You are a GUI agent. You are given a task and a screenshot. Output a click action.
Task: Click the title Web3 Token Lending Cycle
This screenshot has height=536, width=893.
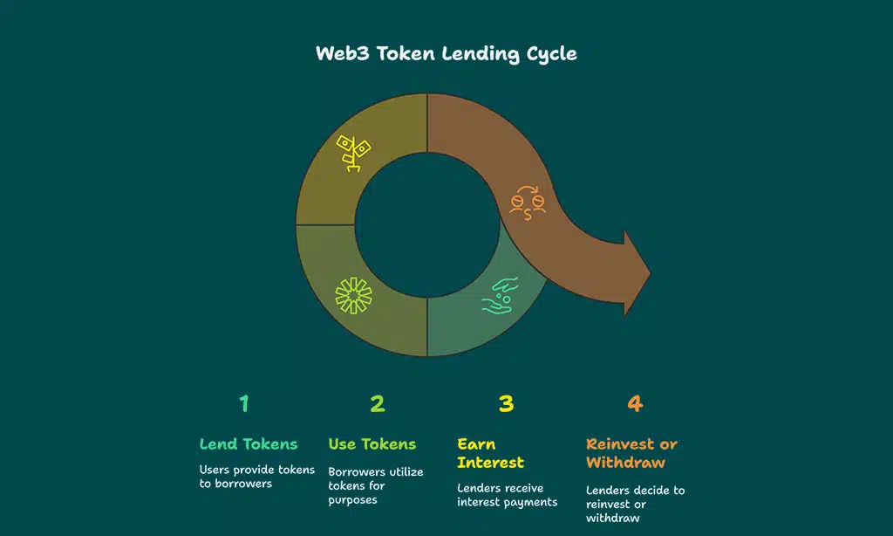click(x=446, y=53)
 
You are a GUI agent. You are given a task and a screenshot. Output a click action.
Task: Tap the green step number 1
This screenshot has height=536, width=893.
click(x=244, y=403)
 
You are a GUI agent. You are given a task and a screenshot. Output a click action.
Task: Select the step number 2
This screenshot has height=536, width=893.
click(x=377, y=403)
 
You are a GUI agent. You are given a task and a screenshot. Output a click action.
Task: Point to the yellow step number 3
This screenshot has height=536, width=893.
click(x=506, y=403)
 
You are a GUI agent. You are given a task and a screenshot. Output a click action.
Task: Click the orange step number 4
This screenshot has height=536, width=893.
click(x=635, y=403)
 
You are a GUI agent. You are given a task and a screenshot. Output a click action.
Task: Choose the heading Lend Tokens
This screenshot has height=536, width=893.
click(x=249, y=444)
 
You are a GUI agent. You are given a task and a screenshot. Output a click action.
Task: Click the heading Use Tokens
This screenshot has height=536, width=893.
click(x=372, y=444)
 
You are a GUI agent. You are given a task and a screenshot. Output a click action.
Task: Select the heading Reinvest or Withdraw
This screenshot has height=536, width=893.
click(x=631, y=453)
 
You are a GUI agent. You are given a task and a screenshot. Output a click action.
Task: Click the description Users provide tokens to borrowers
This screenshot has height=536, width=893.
click(x=256, y=477)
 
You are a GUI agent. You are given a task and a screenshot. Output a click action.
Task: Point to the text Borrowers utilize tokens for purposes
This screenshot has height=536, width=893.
click(x=375, y=486)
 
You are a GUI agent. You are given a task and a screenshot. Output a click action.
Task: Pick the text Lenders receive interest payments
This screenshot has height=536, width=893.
click(x=508, y=495)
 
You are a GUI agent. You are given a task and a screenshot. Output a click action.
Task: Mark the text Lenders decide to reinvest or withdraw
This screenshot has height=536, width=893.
click(x=635, y=504)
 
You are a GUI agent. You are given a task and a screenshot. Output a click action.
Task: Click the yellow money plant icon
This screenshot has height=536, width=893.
click(x=353, y=154)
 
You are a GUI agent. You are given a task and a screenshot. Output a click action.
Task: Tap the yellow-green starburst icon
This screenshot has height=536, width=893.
click(x=353, y=295)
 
